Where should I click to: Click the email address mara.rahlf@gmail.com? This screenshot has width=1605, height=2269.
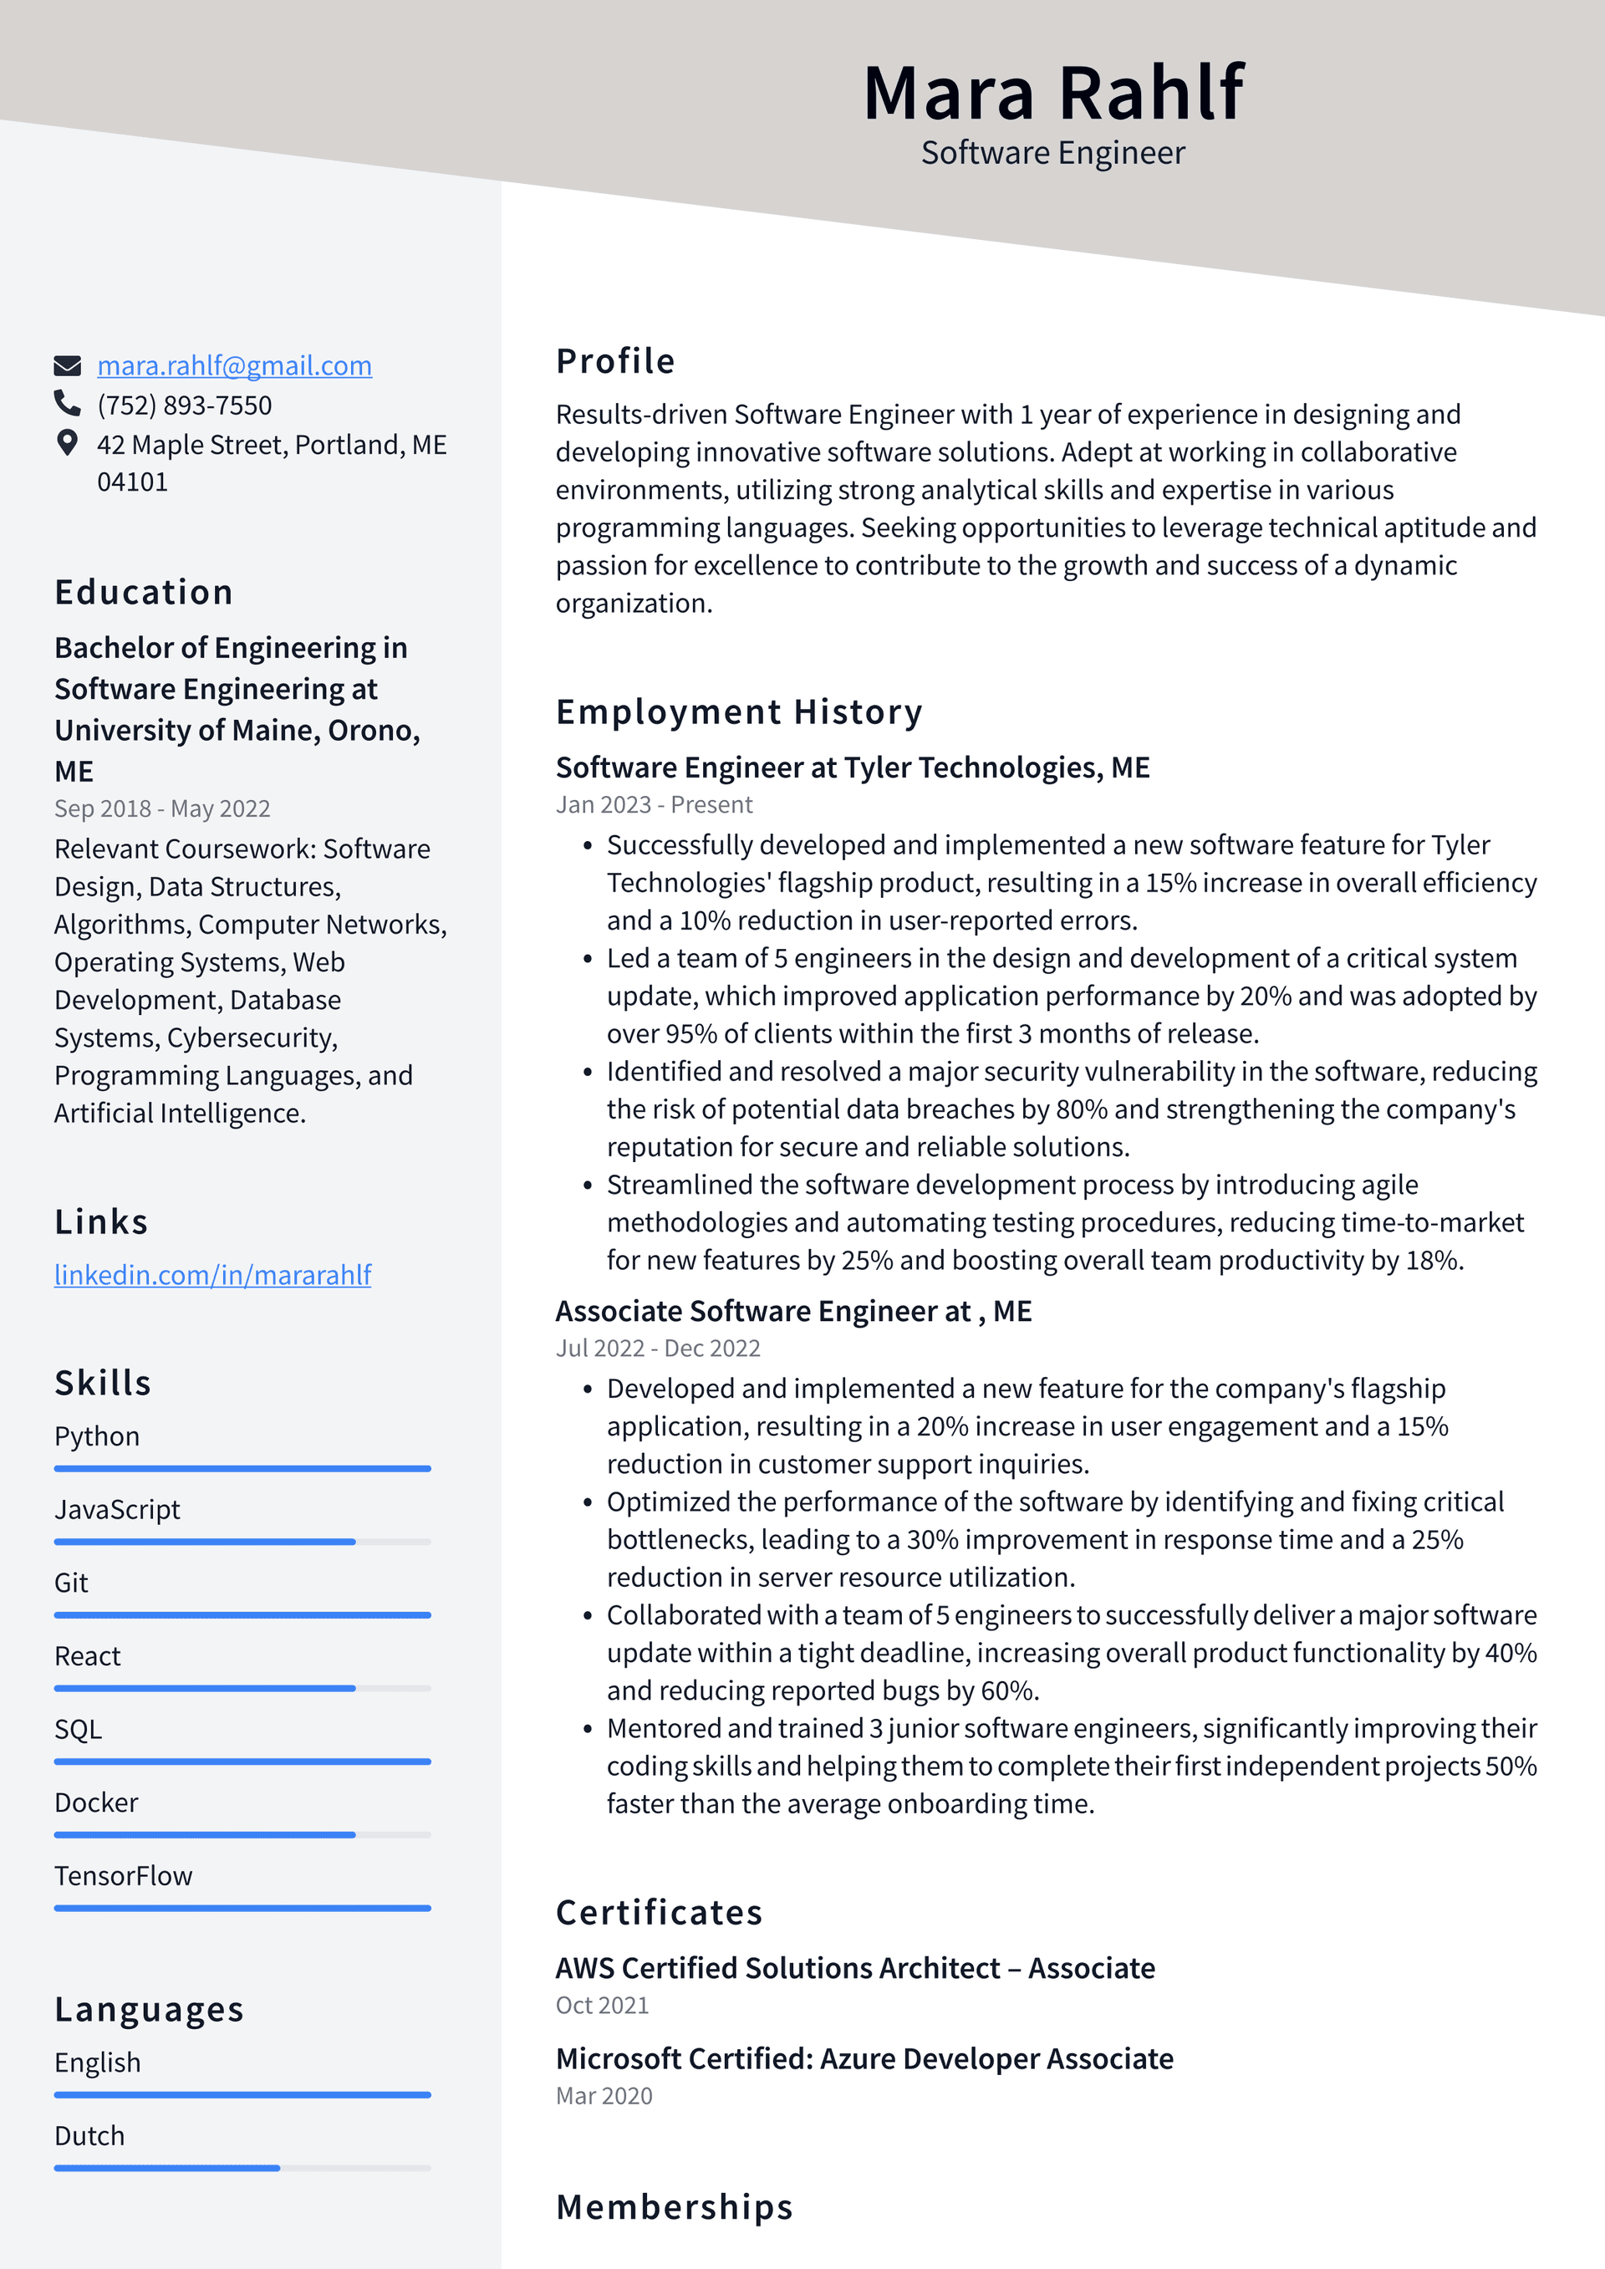pos(234,365)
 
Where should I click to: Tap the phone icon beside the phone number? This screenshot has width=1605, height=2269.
pos(67,403)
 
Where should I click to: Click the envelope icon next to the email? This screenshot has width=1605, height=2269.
pos(67,365)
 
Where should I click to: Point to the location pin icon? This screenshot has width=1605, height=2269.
pos(67,443)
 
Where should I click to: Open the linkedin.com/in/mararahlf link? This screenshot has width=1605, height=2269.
pos(212,1275)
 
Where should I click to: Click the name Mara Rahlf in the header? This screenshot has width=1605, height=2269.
pos(1052,93)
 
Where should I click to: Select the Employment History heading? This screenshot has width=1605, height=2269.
pos(739,711)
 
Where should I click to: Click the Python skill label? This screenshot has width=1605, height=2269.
pos(97,1436)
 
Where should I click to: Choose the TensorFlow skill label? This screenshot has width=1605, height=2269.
pos(124,1876)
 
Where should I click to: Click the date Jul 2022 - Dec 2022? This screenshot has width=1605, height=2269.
pos(657,1348)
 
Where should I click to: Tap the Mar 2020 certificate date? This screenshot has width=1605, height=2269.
pos(604,2096)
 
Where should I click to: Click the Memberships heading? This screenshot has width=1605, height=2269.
pos(674,2207)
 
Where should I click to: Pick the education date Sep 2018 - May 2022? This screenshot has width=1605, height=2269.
pos(162,808)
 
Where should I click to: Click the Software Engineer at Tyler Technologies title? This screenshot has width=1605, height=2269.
pos(852,767)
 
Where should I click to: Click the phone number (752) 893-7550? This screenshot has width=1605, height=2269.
pos(184,405)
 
